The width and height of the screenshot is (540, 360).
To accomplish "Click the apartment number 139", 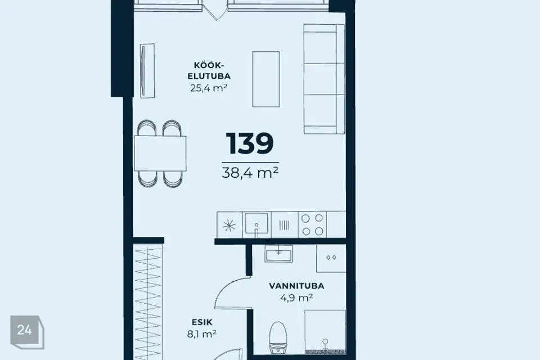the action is click(250, 143).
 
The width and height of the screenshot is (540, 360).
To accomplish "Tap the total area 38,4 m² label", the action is click(250, 173).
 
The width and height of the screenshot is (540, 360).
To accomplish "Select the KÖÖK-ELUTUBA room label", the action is click(209, 71).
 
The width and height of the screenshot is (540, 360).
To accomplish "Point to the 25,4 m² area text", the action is click(209, 88).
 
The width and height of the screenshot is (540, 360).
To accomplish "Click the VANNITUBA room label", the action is click(296, 286).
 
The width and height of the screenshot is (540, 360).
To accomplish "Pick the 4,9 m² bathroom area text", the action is click(296, 298).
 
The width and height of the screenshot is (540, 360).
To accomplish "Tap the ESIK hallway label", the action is click(202, 322).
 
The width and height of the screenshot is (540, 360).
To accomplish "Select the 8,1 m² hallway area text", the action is click(202, 334).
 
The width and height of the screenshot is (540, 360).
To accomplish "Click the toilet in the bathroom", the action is click(277, 337).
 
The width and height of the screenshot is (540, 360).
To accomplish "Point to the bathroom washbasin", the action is click(278, 254).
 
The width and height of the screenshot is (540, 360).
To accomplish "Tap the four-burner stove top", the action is click(312, 224).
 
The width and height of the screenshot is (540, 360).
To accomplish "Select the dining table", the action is click(160, 154).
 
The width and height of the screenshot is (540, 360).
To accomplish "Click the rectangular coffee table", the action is click(266, 79).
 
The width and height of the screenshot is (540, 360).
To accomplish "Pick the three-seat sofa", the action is click(324, 79).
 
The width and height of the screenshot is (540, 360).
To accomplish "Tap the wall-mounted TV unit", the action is click(147, 71).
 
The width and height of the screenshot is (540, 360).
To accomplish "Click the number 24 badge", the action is click(27, 332).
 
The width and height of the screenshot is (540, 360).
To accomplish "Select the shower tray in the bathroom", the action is click(325, 332).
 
